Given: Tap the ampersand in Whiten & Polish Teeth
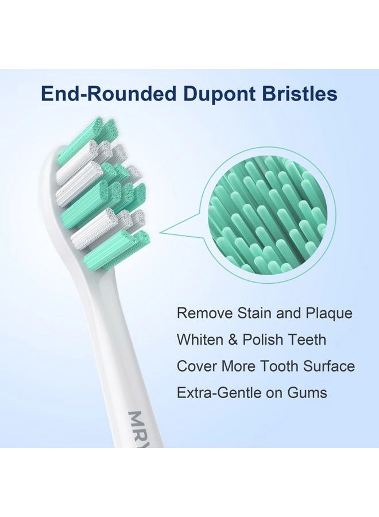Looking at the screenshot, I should [x=233, y=340].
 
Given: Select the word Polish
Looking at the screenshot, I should [x=263, y=340].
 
